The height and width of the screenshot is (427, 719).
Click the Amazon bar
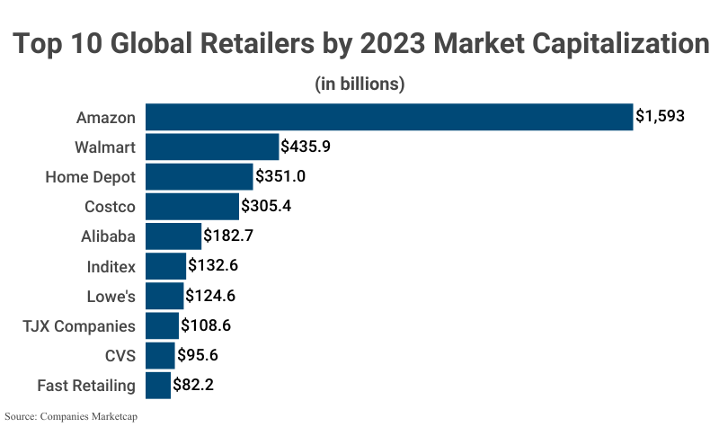click(389, 117)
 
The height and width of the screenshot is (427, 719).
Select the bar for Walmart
click(212, 147)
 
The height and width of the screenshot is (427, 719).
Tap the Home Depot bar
click(200, 176)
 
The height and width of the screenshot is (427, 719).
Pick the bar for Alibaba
click(173, 236)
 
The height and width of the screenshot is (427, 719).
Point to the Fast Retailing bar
click(158, 386)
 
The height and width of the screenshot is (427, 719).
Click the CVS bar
click(160, 356)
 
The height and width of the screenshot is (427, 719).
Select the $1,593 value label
click(661, 116)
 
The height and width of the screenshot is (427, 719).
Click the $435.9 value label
click(306, 146)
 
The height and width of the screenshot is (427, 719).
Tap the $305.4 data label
click(266, 206)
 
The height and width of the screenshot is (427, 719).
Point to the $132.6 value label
click(213, 265)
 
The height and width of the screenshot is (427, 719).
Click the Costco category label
click(110, 207)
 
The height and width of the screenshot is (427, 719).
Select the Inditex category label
click(111, 266)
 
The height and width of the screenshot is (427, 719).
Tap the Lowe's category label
click(111, 296)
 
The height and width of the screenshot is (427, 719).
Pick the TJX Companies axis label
click(79, 326)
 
